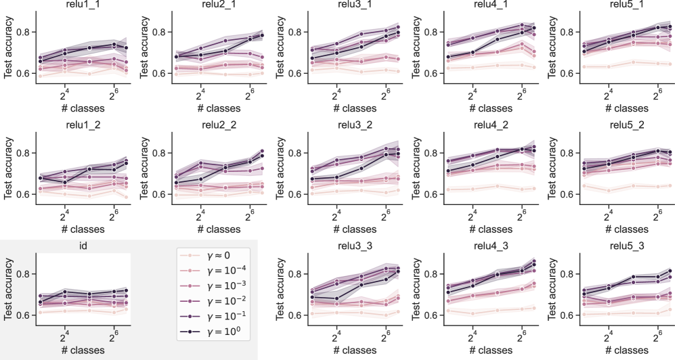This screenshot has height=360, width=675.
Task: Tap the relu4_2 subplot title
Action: coord(489,125)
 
